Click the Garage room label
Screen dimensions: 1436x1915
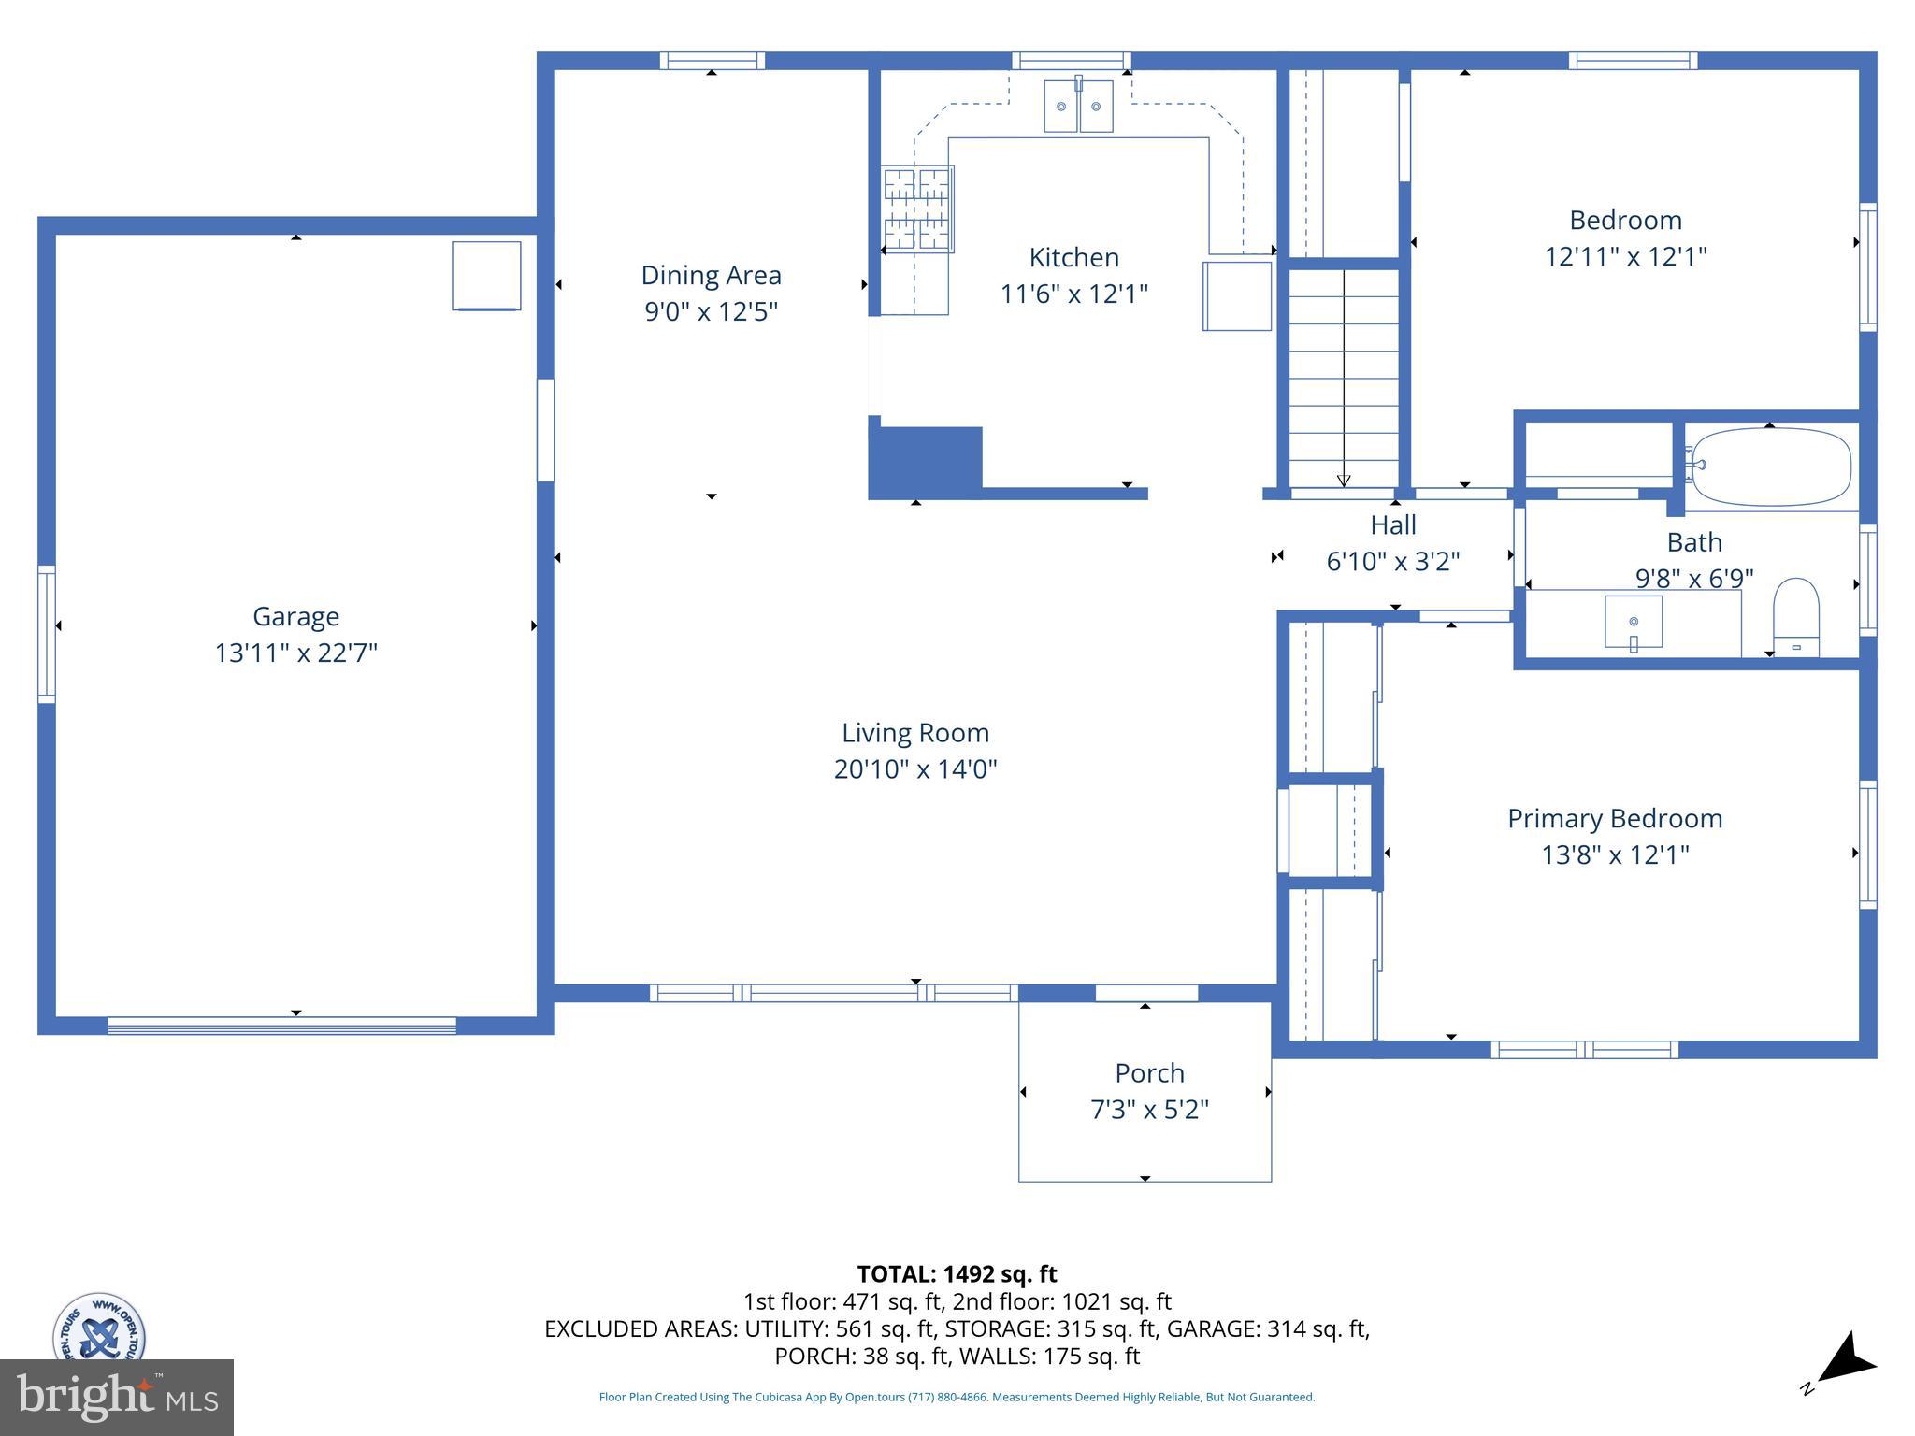pos(295,616)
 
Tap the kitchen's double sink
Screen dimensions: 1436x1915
pos(1078,107)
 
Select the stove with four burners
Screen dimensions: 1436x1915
pos(917,209)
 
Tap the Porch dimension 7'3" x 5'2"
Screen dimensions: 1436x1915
pos(1149,1110)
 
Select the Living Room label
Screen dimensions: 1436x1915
pos(914,733)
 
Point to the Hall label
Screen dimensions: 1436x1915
pos(1393,525)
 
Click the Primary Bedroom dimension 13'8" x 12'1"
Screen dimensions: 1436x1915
pos(1615,854)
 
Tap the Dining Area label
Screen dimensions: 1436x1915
pos(711,275)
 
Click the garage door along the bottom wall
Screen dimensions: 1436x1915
pos(281,1026)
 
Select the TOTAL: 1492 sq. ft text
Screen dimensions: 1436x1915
pos(957,1274)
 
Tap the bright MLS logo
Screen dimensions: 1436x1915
pos(117,1397)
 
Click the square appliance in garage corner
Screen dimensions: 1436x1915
pos(486,276)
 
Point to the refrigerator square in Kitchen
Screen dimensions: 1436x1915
pos(1236,296)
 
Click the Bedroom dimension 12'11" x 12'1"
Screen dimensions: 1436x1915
pos(1625,256)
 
